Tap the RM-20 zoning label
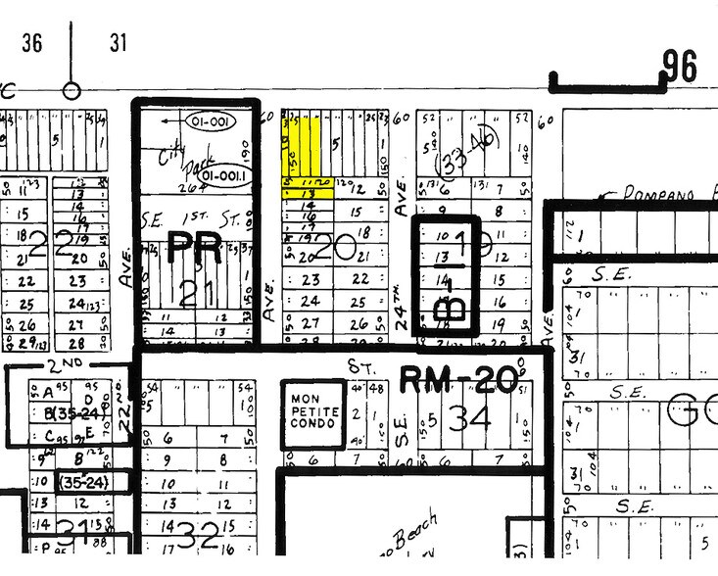[457, 377]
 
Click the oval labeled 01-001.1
[226, 176]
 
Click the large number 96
[680, 67]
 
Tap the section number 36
[32, 44]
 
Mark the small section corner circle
[71, 91]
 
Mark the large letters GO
[691, 413]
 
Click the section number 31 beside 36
[119, 44]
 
